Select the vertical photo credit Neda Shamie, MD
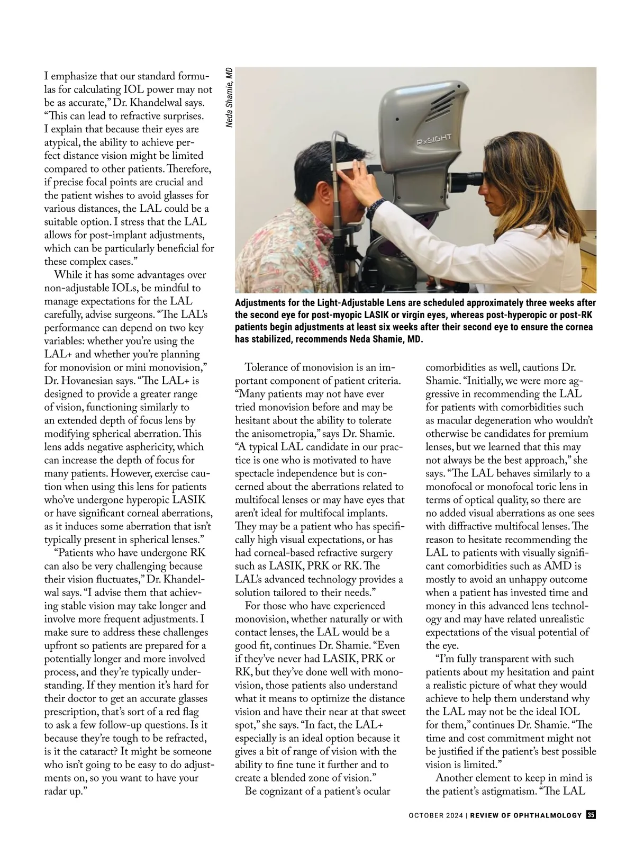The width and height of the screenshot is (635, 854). point(229,97)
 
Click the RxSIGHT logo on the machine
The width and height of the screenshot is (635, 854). point(433,140)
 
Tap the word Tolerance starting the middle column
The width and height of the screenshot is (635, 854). point(270,367)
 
